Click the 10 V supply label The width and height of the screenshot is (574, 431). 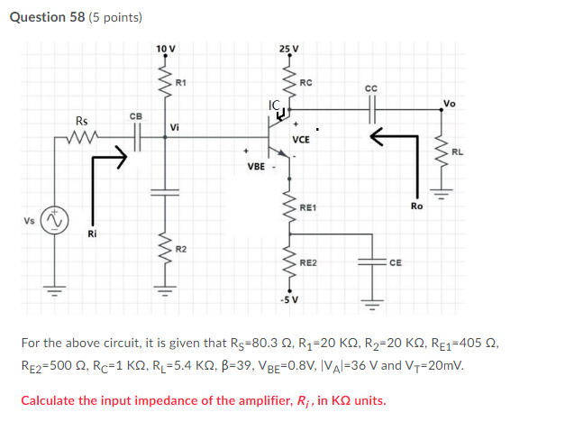pyautogui.click(x=166, y=49)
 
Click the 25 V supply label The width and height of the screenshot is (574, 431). pyautogui.click(x=289, y=49)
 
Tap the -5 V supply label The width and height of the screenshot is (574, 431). pyautogui.click(x=289, y=300)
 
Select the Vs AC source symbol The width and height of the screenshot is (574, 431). pyautogui.click(x=55, y=220)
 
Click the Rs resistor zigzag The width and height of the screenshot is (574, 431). pyautogui.click(x=82, y=137)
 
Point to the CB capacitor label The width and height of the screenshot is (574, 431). pyautogui.click(x=136, y=116)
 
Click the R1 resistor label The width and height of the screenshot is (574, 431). pyautogui.click(x=181, y=83)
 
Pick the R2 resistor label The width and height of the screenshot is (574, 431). pyautogui.click(x=181, y=250)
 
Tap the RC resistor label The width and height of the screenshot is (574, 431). pyautogui.click(x=306, y=83)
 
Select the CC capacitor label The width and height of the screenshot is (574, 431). pyautogui.click(x=371, y=88)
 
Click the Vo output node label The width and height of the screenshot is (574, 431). pyautogui.click(x=450, y=104)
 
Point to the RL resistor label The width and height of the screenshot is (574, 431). pyautogui.click(x=457, y=152)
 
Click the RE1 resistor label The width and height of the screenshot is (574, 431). pyautogui.click(x=308, y=207)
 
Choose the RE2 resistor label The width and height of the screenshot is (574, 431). pyautogui.click(x=308, y=262)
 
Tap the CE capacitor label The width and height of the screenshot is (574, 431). pyautogui.click(x=396, y=262)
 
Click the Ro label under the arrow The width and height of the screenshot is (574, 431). pyautogui.click(x=416, y=206)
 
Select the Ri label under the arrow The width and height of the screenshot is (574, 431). pyautogui.click(x=92, y=234)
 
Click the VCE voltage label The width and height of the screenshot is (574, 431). pyautogui.click(x=301, y=140)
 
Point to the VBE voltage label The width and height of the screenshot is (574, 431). pyautogui.click(x=256, y=167)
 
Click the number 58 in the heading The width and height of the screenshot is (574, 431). pyautogui.click(x=77, y=17)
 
